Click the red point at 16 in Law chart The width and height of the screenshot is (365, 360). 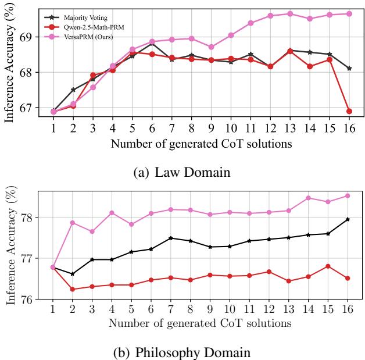click(349, 111)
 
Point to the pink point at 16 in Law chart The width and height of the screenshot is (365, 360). click(349, 13)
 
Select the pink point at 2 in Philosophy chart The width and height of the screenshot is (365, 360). click(73, 223)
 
